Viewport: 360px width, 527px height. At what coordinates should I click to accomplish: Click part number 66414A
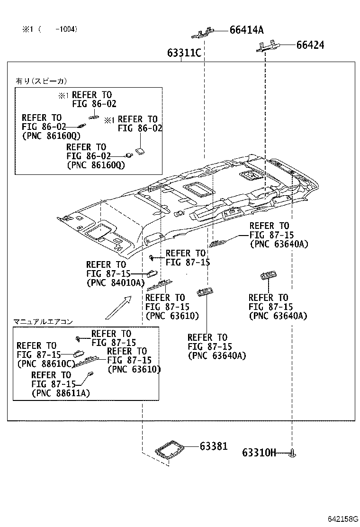pos(246,30)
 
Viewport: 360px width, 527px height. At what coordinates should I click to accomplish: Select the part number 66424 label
pos(310,45)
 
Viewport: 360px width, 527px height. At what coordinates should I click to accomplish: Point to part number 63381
pos(213,446)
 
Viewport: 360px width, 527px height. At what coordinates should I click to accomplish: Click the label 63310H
pos(259,453)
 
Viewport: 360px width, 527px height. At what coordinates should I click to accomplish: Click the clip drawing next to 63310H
pos(293,454)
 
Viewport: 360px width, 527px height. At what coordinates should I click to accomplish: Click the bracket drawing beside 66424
pos(268,45)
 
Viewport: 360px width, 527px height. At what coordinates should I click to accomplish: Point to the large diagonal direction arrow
pos(118,307)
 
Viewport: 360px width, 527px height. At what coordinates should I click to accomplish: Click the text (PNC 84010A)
pos(115,283)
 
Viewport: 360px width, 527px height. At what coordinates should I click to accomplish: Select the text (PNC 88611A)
pos(61,393)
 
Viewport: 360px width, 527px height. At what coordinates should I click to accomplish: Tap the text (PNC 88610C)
pos(46,364)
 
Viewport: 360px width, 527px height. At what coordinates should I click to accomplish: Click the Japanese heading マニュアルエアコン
pos(43,322)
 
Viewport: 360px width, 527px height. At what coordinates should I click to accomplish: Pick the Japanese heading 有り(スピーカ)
pos(41,81)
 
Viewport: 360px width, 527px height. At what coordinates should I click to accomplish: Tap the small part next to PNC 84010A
pos(153,273)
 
